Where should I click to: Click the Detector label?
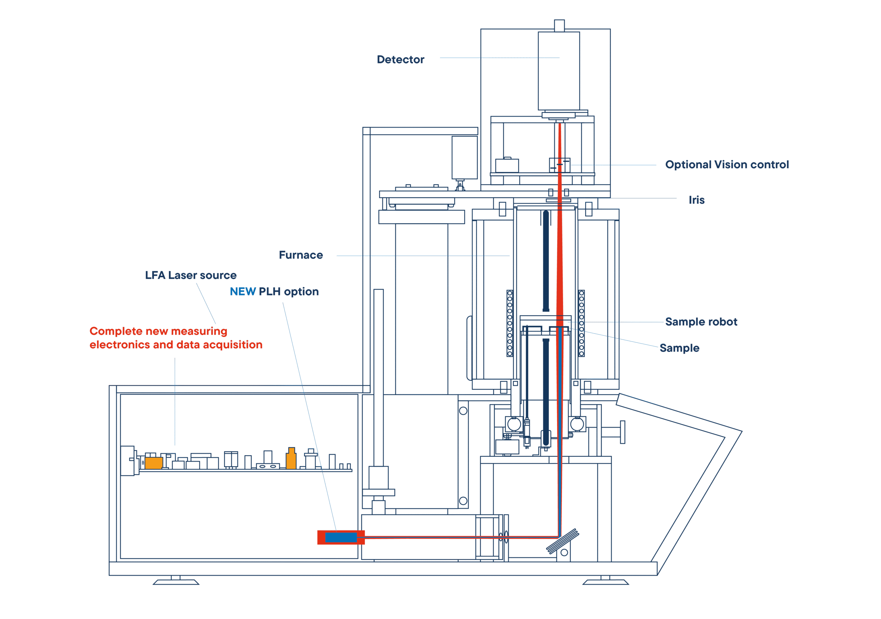pyautogui.click(x=400, y=60)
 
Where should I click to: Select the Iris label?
pyautogui.click(x=697, y=200)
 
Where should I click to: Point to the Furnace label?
pyautogui.click(x=300, y=256)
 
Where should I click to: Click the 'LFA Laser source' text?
pyautogui.click(x=191, y=275)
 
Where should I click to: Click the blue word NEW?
pyautogui.click(x=243, y=292)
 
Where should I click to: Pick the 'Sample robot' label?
pyautogui.click(x=701, y=322)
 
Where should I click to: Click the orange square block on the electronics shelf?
pyautogui.click(x=153, y=463)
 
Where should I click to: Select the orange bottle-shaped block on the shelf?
pyautogui.click(x=291, y=459)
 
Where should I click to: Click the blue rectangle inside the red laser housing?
pyautogui.click(x=341, y=537)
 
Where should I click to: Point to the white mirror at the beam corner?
pyautogui.click(x=560, y=538)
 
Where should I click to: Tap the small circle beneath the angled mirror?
pyautogui.click(x=564, y=553)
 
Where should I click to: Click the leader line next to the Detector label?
pyautogui.click(x=499, y=58)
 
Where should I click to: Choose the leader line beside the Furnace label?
pyautogui.click(x=422, y=256)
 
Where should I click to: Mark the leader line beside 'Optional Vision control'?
pyautogui.click(x=614, y=165)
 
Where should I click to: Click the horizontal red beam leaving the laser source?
pyautogui.click(x=460, y=537)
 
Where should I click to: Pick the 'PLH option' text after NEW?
pyautogui.click(x=288, y=292)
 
